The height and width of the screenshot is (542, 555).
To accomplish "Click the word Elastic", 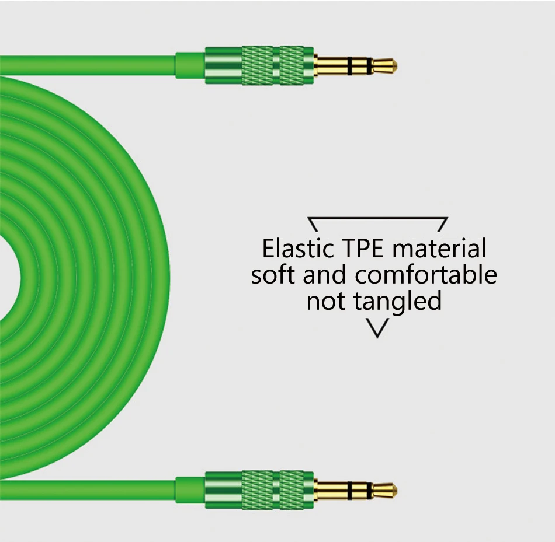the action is point(297,248).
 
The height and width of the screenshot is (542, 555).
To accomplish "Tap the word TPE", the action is point(362,248).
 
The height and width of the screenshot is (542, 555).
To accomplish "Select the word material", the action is point(439,248).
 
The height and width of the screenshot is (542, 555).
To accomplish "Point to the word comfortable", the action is point(426,274).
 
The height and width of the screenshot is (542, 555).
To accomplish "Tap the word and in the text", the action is point(324,274).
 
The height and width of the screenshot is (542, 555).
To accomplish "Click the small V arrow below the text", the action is point(377,328).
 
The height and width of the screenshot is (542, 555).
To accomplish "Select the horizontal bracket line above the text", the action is point(377,218).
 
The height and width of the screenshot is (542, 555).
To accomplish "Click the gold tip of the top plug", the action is point(384,66).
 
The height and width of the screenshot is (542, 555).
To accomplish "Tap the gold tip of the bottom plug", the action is point(384,491).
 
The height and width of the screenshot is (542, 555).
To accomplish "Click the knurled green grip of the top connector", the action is point(273,66).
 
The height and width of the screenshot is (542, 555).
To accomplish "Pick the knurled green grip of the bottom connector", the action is point(273,491).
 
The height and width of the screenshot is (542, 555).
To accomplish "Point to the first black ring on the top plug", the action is point(350,66).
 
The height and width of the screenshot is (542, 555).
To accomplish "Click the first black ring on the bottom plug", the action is point(350,491).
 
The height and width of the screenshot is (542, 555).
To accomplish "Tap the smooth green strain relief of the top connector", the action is point(190,65).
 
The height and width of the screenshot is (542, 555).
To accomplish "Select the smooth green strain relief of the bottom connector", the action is point(190,490).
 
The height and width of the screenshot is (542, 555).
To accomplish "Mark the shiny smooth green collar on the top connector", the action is point(223,66).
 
